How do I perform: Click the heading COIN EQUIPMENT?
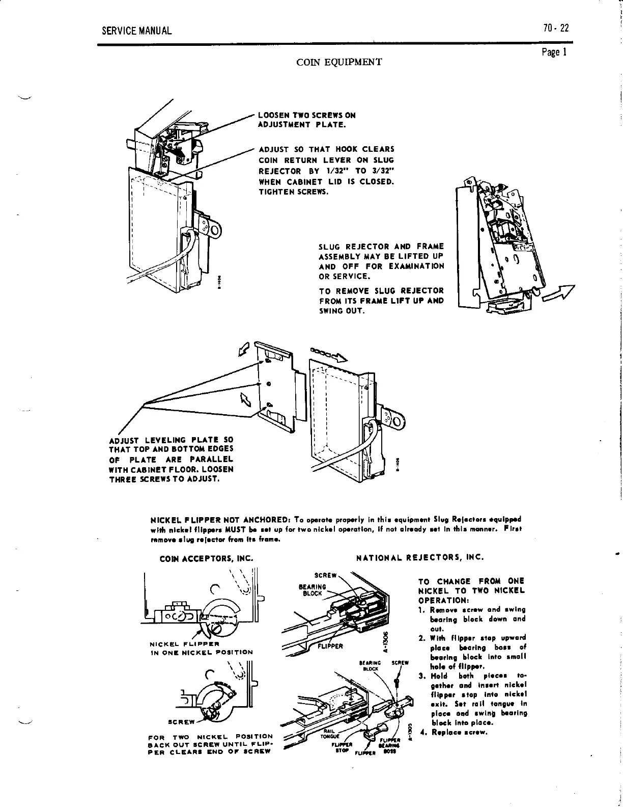coord(339,62)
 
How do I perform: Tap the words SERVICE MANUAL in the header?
coord(137,31)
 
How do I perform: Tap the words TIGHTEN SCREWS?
coord(294,192)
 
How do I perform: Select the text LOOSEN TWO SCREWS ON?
coord(307,115)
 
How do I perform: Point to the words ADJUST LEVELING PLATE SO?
coord(171,440)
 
